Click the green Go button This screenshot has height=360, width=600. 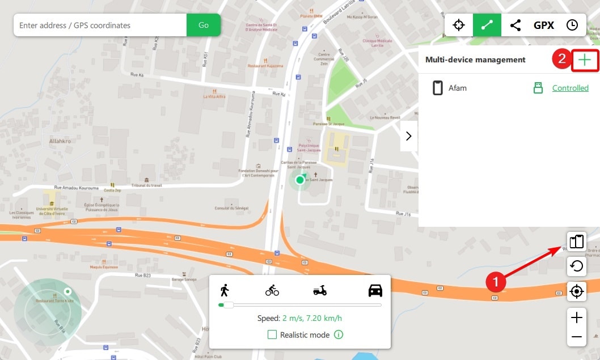coord(203,25)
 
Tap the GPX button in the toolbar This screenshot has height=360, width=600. coord(543,25)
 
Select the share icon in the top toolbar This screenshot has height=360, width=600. coord(515,25)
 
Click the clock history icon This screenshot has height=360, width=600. coord(572,25)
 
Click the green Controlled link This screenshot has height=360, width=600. coord(570,88)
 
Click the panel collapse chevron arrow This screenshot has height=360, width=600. coord(408,136)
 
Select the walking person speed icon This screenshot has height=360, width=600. coord(225,290)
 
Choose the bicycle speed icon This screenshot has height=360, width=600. coord(272,291)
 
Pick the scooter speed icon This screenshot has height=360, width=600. coord(320,291)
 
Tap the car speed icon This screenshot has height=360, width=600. coord(375,291)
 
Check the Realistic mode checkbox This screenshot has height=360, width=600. coord(272,334)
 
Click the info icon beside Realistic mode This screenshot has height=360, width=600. coord(339,334)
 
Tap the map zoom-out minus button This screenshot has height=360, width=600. coord(576,337)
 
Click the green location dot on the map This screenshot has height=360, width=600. coord(300,180)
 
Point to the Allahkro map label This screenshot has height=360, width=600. coord(60,141)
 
